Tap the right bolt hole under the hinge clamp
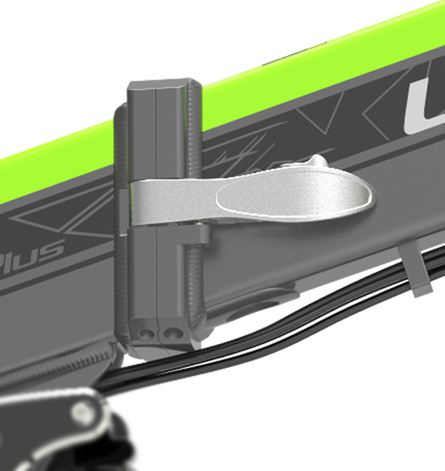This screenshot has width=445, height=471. coord(170,332)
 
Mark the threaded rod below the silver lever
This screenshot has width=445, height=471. coord(194,278)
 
